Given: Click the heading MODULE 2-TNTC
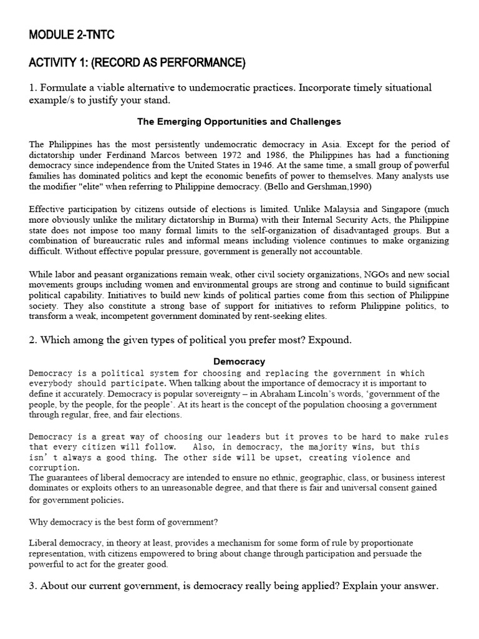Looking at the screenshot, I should point(72,35).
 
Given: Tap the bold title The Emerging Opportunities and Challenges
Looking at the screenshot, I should point(239,122).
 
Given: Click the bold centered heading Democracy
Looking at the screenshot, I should point(239,361).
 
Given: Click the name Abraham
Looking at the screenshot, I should point(291,394).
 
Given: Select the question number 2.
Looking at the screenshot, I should point(32,340).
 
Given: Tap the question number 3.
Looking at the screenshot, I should point(32,586).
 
